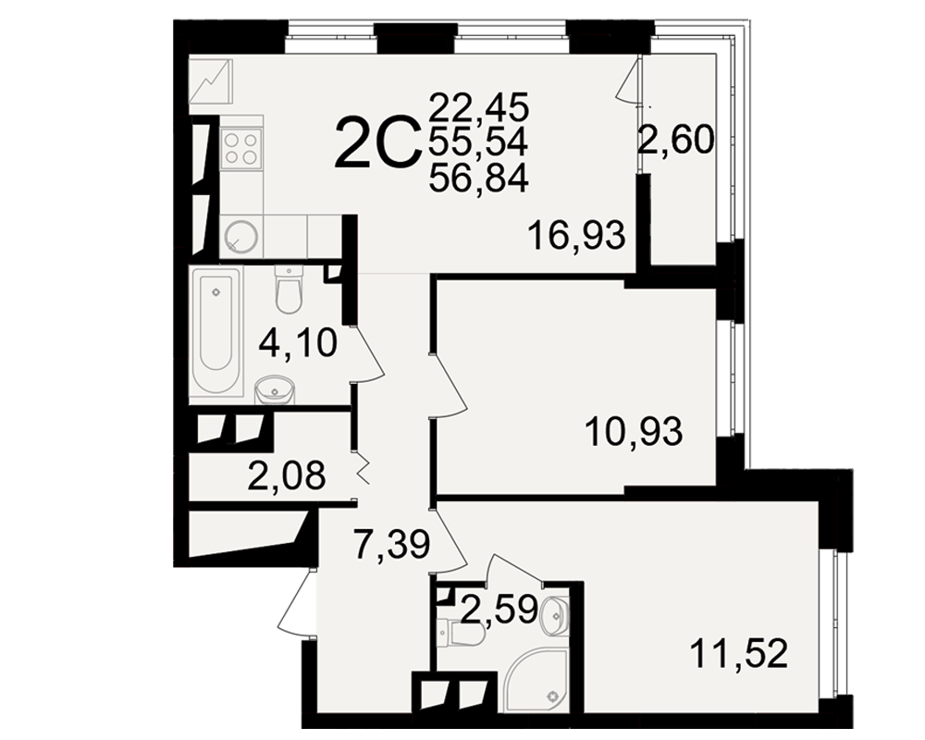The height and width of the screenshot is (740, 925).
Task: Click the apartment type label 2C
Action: point(376,142)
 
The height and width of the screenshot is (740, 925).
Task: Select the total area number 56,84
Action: point(478,178)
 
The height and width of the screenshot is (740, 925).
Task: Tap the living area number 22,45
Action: point(478,106)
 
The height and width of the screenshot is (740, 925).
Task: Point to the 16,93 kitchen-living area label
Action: point(576,235)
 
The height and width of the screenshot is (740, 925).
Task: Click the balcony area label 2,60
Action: point(677,141)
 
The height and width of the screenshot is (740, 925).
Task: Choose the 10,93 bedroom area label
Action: point(635,431)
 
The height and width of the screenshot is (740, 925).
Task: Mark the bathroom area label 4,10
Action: point(298,343)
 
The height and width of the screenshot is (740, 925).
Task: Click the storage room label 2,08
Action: point(287,475)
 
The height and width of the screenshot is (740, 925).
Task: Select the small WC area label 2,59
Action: point(499,610)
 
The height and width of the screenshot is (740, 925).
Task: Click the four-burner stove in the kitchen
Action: point(241,147)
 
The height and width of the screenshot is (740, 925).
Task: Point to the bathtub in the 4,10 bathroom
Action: point(216,335)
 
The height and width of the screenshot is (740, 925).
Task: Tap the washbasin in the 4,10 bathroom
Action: point(275,389)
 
